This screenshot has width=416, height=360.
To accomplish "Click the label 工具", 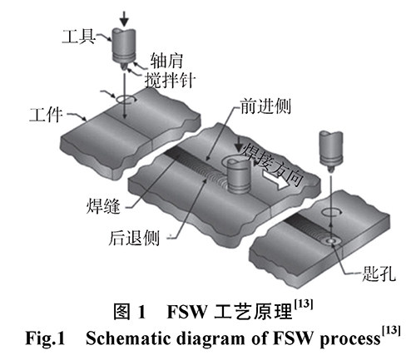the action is click(x=78, y=37).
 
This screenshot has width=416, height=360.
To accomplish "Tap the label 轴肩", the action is click(x=166, y=61).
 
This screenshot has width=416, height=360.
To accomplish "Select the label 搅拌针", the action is click(x=170, y=81).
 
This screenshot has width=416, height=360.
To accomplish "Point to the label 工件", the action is click(x=46, y=115).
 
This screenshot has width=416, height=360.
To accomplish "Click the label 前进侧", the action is click(x=265, y=106).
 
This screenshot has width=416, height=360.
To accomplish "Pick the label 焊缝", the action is click(x=103, y=206).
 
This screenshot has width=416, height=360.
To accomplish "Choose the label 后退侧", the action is click(x=134, y=238).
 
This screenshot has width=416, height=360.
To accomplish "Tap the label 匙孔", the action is click(x=379, y=274).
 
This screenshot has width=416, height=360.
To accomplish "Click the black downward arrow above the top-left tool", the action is click(x=125, y=19).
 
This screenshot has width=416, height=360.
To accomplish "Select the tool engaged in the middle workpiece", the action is click(x=238, y=176).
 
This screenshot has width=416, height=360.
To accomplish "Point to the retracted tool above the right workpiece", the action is click(x=331, y=150).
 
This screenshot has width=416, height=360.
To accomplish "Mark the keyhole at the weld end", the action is click(x=331, y=241).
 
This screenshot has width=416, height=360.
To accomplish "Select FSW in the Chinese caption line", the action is click(x=187, y=312).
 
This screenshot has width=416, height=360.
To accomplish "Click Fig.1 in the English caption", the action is click(x=45, y=338).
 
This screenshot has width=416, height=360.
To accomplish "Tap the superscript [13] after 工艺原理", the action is click(x=304, y=304).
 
